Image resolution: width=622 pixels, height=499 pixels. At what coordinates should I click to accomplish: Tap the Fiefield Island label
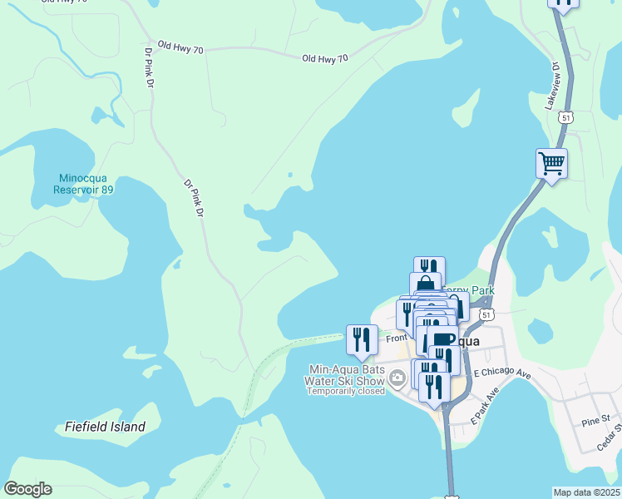pyautogui.click(x=105, y=427)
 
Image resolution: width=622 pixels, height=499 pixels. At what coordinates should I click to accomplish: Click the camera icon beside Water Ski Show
pyautogui.click(x=397, y=379)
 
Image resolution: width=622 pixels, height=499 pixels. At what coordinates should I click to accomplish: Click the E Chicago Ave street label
pyautogui.click(x=502, y=374)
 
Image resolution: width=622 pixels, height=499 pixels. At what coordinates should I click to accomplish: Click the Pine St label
pyautogui.click(x=595, y=422)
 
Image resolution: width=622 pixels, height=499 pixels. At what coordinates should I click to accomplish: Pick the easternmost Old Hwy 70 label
pyautogui.click(x=324, y=58)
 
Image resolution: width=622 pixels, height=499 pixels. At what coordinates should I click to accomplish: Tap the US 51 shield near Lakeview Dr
pyautogui.click(x=565, y=117)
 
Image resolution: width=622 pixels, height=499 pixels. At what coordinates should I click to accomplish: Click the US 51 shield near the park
pyautogui.click(x=486, y=314)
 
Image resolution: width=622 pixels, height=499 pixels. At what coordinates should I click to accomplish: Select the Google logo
pyautogui.click(x=27, y=489)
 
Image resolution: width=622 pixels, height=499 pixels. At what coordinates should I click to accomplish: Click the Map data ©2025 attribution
pyautogui.click(x=586, y=492)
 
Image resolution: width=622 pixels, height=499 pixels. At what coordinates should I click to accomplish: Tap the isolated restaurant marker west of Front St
pyautogui.click(x=361, y=338)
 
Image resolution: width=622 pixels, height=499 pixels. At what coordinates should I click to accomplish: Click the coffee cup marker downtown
pyautogui.click(x=442, y=338)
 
